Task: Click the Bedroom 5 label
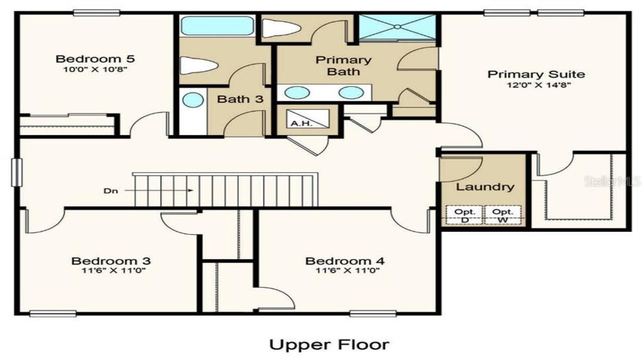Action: (x=95, y=59)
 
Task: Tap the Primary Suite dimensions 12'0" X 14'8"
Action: (x=536, y=85)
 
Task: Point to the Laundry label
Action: (x=485, y=187)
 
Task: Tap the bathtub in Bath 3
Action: (x=217, y=26)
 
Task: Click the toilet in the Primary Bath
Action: (x=276, y=28)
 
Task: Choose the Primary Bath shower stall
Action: (x=399, y=27)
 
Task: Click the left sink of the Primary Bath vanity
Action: (x=297, y=93)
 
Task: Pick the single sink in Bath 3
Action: (x=193, y=100)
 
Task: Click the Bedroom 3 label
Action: (x=111, y=261)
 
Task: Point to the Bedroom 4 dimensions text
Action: (x=345, y=271)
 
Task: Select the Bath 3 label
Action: (x=235, y=99)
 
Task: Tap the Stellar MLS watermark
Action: (x=612, y=181)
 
